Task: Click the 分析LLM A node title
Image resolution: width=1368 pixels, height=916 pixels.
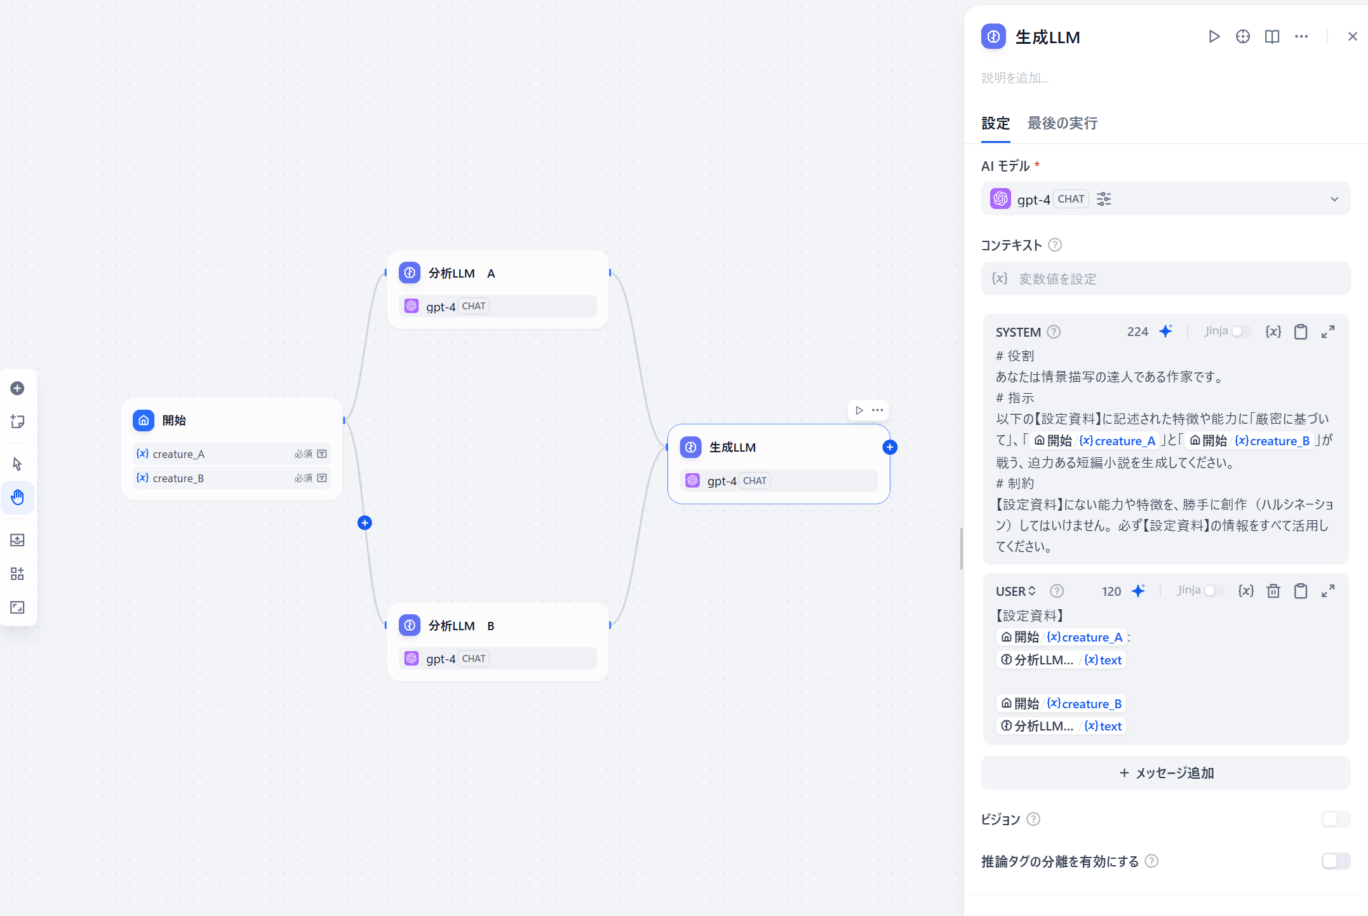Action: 461,273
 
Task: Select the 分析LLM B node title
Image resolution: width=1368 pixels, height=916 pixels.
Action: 461,626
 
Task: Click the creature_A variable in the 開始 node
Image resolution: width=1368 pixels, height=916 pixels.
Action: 178,454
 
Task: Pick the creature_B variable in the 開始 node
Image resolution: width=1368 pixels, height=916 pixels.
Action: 178,478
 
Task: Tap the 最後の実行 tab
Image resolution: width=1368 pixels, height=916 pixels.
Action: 1062,123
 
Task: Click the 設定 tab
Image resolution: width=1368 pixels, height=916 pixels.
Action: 995,123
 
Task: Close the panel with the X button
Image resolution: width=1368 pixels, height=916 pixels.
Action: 1352,37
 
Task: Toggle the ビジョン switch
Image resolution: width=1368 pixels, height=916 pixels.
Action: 1335,819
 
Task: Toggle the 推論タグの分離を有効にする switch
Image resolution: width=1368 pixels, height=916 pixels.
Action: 1335,861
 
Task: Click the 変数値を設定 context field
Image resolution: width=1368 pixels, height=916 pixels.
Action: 1165,279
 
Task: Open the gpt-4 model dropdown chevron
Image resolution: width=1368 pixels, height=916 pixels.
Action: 1334,199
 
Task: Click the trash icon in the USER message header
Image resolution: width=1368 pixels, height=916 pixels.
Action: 1273,591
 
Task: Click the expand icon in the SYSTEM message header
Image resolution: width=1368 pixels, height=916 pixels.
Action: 1327,332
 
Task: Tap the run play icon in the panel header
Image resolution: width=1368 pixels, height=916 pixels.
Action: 1214,37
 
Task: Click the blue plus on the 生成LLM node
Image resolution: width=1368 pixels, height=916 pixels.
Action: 890,447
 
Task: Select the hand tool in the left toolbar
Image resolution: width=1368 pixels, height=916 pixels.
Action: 18,497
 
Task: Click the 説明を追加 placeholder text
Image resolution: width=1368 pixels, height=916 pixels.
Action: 1015,78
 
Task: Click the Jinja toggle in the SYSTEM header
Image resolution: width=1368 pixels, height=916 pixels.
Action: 1240,332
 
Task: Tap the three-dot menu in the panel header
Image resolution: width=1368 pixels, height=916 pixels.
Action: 1301,37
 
